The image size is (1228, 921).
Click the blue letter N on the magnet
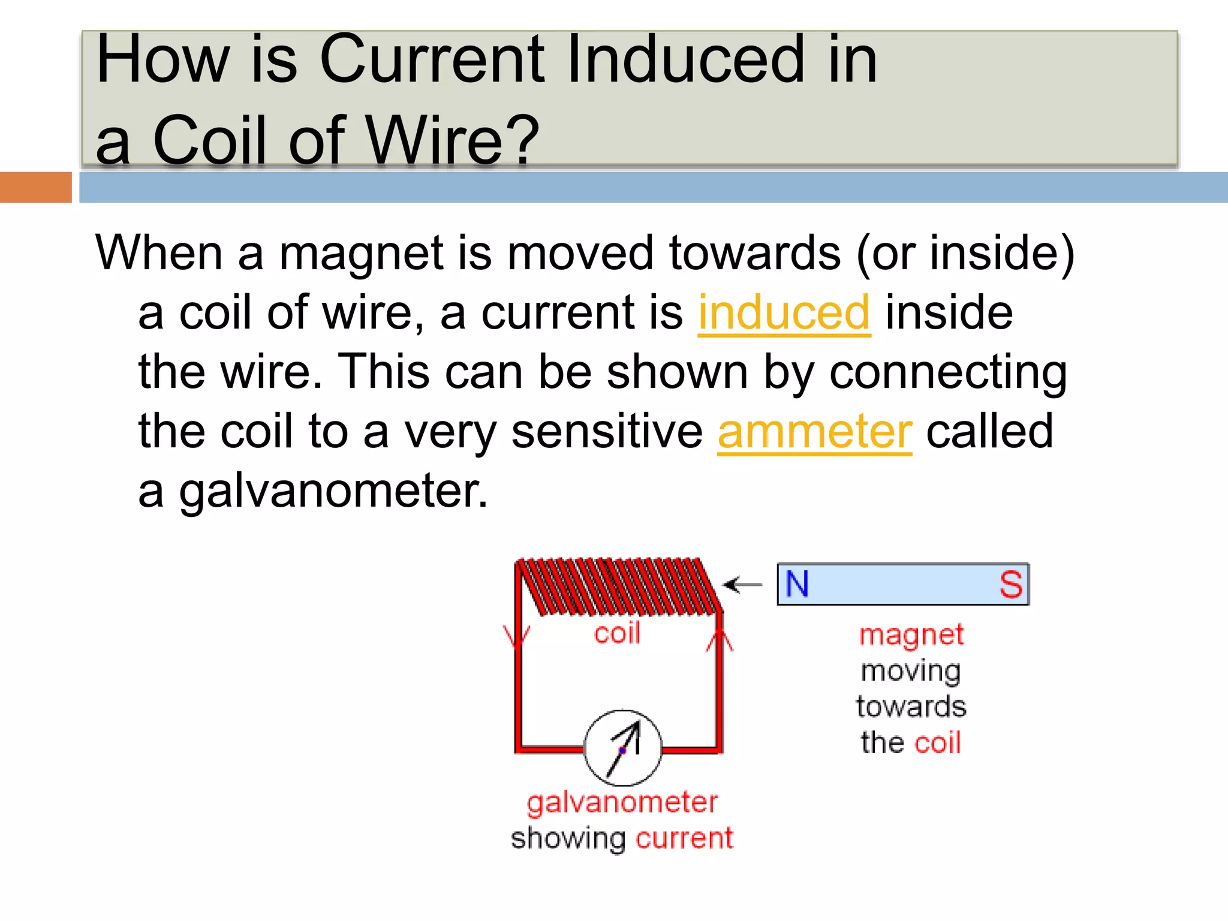797,584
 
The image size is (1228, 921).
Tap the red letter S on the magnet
1010,585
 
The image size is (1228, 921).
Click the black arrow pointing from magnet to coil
742,585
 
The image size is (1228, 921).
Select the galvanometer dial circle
623,748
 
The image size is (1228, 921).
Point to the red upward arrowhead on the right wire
720,640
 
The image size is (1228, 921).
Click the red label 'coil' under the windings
617,633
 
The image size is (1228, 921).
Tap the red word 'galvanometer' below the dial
622,803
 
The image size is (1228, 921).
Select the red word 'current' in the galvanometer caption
684,838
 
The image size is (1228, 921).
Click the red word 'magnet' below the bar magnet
911,635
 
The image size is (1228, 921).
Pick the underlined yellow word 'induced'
784,312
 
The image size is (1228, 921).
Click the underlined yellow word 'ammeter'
815,431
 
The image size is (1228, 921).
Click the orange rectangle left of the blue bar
35,187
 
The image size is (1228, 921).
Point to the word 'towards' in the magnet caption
911,707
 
